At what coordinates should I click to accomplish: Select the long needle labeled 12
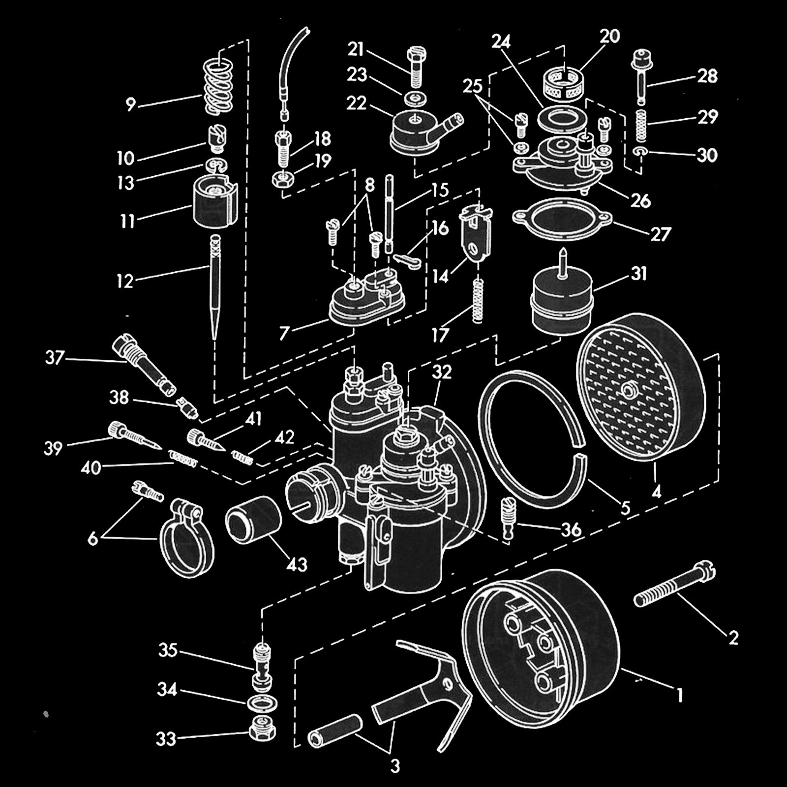point(214,290)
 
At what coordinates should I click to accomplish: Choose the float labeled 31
point(561,300)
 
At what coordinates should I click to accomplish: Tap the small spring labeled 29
point(642,124)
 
